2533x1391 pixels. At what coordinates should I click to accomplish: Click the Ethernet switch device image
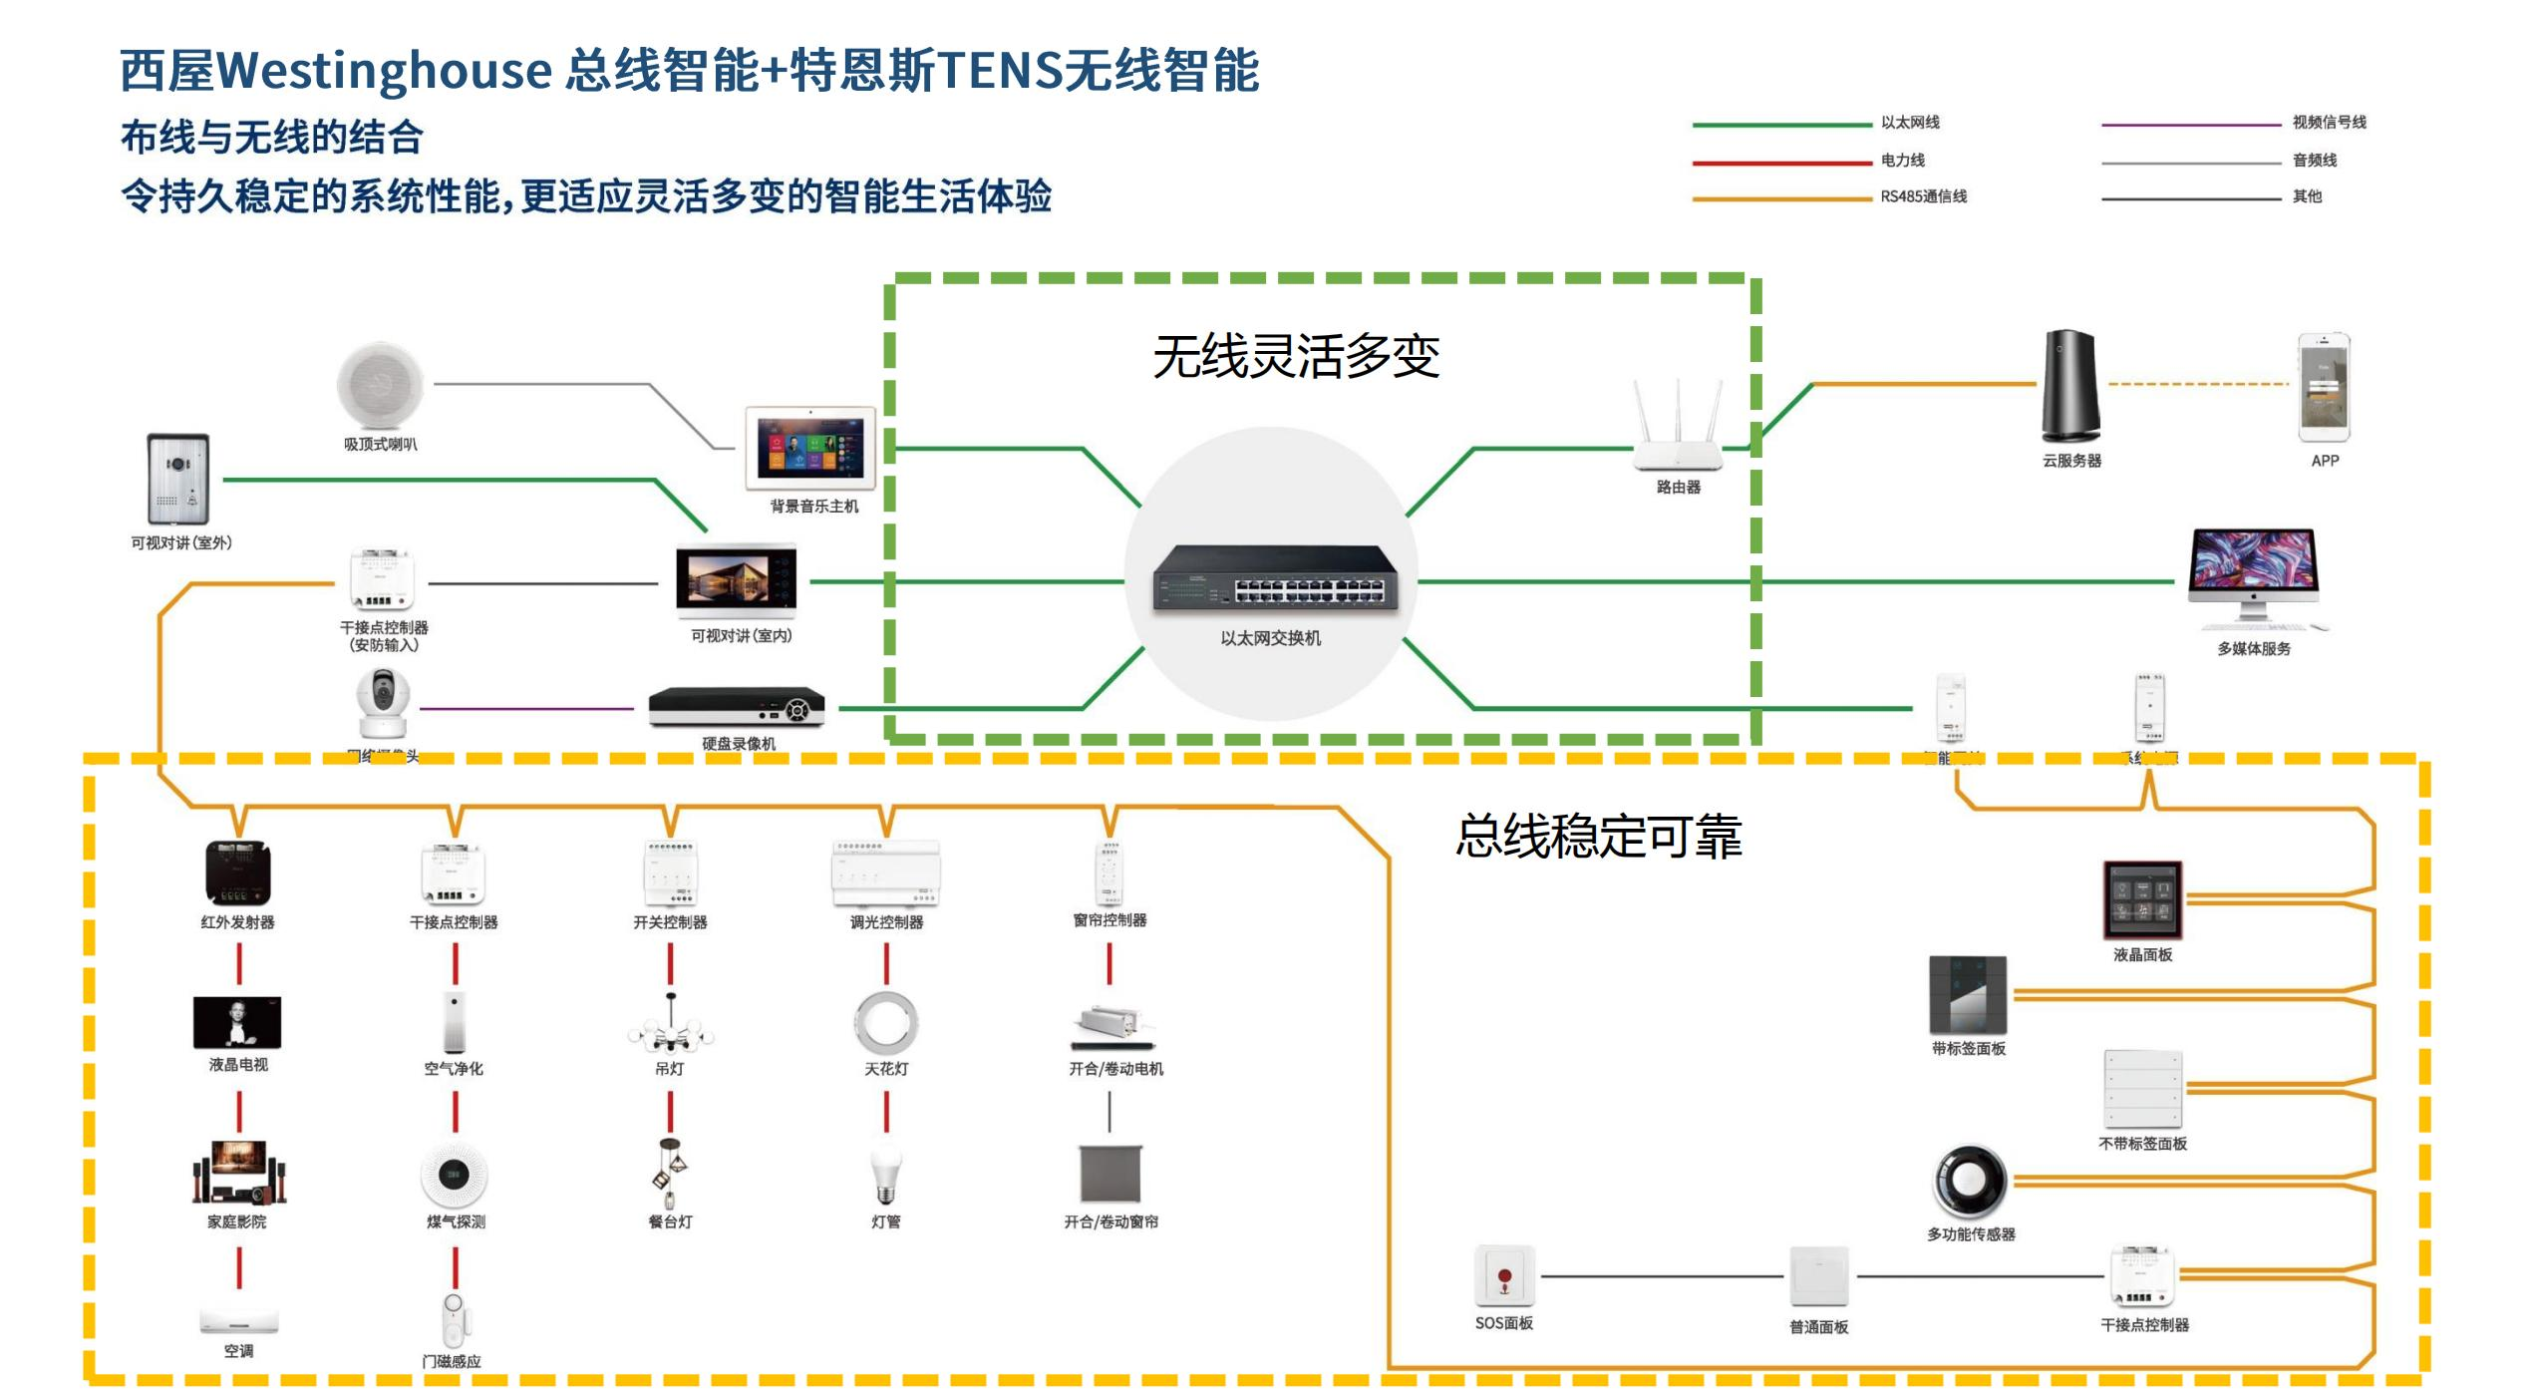click(1275, 577)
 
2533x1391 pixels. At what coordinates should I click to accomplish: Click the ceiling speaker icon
click(380, 385)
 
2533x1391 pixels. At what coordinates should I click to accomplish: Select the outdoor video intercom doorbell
click(178, 479)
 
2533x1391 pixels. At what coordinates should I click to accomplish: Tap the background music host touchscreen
click(810, 448)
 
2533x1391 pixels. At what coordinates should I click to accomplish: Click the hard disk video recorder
click(737, 706)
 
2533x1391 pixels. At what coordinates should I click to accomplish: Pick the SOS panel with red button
click(1504, 1275)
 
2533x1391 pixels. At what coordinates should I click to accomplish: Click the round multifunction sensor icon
click(1969, 1181)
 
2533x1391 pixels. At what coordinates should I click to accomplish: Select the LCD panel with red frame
click(2142, 899)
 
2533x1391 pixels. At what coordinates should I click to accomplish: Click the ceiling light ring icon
click(885, 1023)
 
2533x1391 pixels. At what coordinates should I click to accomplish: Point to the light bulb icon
click(885, 1175)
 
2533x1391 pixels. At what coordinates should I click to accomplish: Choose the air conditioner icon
click(238, 1321)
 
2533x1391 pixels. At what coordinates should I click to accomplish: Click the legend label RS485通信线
click(1923, 196)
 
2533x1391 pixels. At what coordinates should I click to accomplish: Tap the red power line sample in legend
click(1781, 162)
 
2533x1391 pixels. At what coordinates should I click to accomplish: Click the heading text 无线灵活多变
click(1296, 356)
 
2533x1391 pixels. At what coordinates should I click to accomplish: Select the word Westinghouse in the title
click(385, 70)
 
